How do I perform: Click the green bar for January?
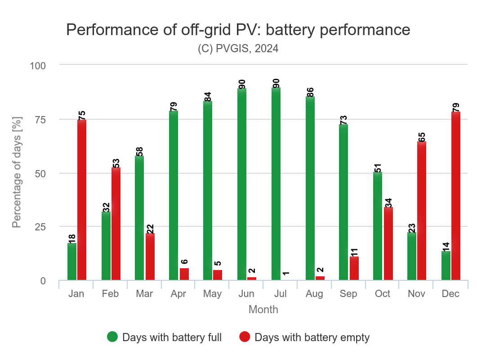72,261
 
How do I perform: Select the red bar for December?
456,196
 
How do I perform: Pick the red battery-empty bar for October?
388,243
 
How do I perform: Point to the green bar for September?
343,202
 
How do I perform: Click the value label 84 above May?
208,96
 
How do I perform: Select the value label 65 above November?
422,137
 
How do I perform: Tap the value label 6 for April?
184,261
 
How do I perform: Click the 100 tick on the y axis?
38,66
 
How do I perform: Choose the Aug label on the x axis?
314,294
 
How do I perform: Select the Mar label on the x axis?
144,294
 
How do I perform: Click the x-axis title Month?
263,310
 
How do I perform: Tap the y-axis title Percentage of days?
17,173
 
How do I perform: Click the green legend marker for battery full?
112,337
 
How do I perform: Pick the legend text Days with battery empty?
312,337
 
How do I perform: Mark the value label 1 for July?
286,273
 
